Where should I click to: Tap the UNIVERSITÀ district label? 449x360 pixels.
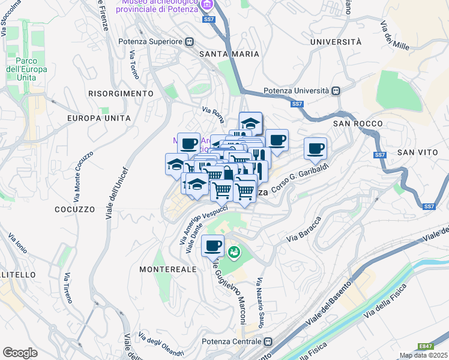point(336,42)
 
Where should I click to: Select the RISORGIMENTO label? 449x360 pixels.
point(121,94)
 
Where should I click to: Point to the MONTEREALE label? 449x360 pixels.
point(168,270)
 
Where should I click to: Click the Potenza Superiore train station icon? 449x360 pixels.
point(189,41)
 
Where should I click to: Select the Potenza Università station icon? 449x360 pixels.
point(336,91)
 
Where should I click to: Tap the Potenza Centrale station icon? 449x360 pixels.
point(267,341)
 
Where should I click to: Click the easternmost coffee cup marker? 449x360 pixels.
point(315,148)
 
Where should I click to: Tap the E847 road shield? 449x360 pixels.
point(426,346)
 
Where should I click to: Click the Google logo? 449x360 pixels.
point(20,353)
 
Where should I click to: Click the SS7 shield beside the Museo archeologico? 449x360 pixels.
point(208,20)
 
